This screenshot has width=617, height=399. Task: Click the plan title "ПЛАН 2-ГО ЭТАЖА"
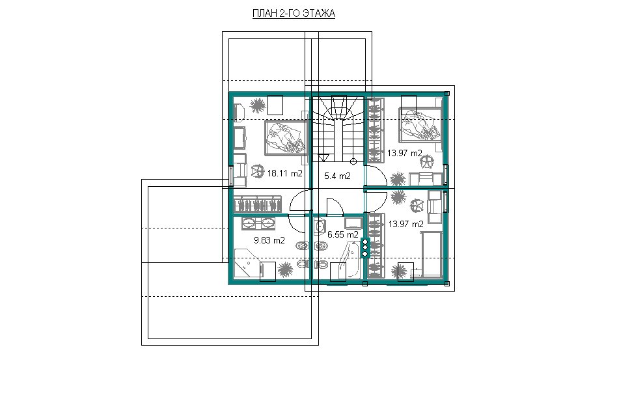pyautogui.click(x=294, y=14)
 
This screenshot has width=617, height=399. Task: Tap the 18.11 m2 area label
pyautogui.click(x=285, y=173)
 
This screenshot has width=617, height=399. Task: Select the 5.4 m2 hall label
pyautogui.click(x=337, y=176)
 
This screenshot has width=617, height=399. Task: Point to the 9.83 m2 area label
pyautogui.click(x=269, y=240)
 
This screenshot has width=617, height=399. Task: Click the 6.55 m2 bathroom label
pyautogui.click(x=343, y=234)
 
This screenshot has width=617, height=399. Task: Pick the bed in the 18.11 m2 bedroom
pyautogui.click(x=286, y=138)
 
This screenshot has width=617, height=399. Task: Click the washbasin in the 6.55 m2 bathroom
pyautogui.click(x=320, y=227)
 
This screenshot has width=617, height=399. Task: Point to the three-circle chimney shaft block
pyautogui.click(x=364, y=248)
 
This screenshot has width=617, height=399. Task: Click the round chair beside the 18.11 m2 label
pyautogui.click(x=257, y=171)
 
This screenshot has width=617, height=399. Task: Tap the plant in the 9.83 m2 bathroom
pyautogui.click(x=284, y=269)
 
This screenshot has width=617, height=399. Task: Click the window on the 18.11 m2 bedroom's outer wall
pyautogui.click(x=232, y=176)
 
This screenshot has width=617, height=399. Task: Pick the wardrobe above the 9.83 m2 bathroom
pyautogui.click(x=258, y=204)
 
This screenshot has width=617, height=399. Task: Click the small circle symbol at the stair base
pyautogui.click(x=353, y=161)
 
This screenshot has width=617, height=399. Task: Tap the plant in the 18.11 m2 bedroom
pyautogui.click(x=257, y=105)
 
